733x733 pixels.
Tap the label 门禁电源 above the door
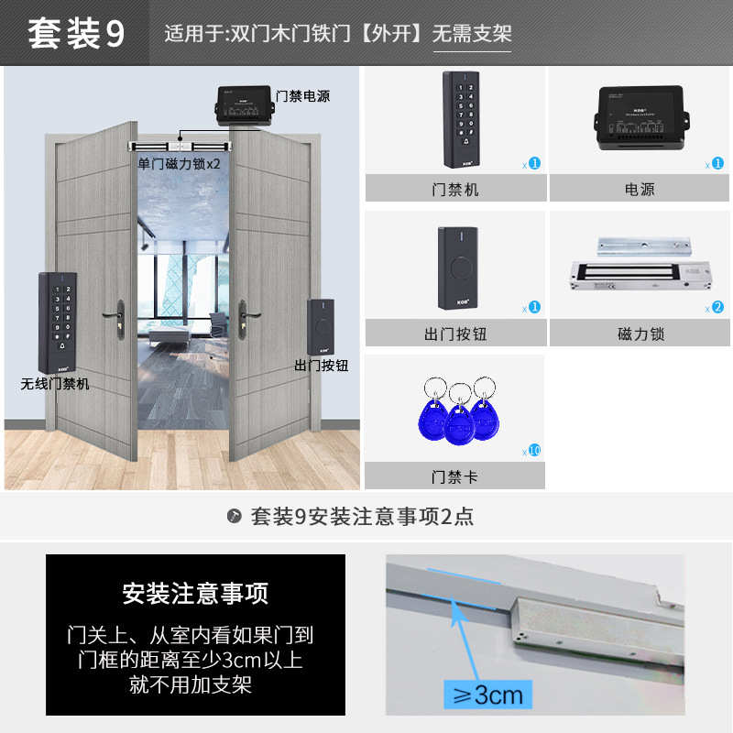coord(302,95)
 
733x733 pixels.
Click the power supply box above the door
coord(243,106)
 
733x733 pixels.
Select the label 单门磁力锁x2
coord(180,164)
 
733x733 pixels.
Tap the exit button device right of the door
coord(321,327)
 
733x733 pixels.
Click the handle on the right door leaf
coord(244,317)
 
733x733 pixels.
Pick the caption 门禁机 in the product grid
coord(455,190)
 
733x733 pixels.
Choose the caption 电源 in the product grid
coord(639,190)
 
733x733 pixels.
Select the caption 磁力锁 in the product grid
coord(640,334)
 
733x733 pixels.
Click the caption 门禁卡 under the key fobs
coord(455,476)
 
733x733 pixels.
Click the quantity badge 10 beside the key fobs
coord(534,450)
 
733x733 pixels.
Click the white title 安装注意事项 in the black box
coord(195,593)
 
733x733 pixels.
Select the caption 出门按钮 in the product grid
coord(455,334)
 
